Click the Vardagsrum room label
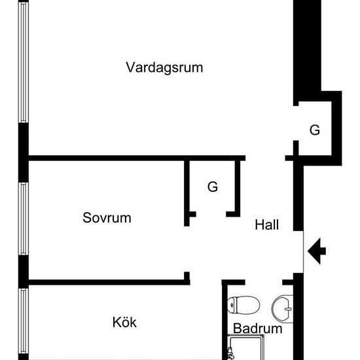pyautogui.click(x=164, y=67)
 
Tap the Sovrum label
pyautogui.click(x=107, y=217)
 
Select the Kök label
pyautogui.click(x=124, y=322)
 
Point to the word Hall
pyautogui.click(x=267, y=225)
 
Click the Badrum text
pyautogui.click(x=258, y=329)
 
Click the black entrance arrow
pyautogui.click(x=317, y=251)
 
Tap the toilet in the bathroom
pyautogui.click(x=243, y=305)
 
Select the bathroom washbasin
pyautogui.click(x=282, y=309)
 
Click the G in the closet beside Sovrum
pyautogui.click(x=213, y=187)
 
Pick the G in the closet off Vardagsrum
pyautogui.click(x=315, y=130)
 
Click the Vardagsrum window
pyautogui.click(x=24, y=62)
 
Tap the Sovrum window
pyautogui.click(x=24, y=219)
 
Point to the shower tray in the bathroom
pyautogui.click(x=245, y=347)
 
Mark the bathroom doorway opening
pyautogui.click(x=264, y=282)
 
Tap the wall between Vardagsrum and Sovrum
pyautogui.click(x=137, y=158)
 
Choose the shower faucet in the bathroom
pyautogui.click(x=230, y=353)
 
